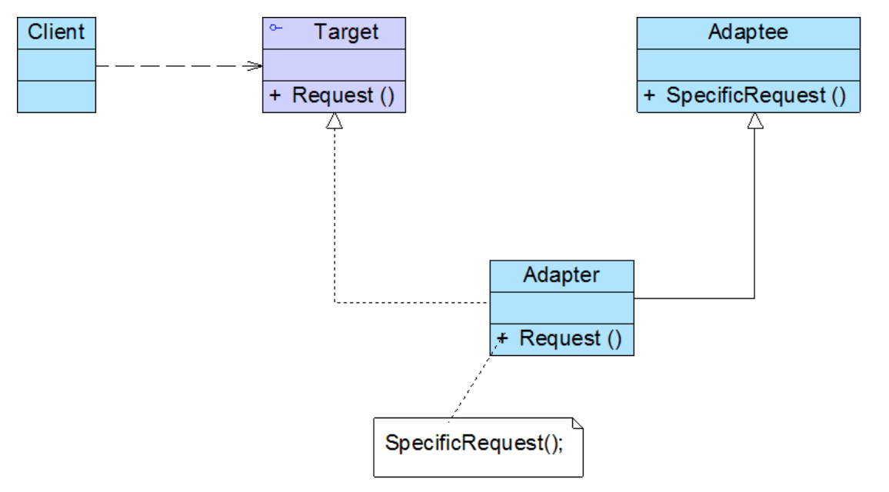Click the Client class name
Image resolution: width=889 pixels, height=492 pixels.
(56, 32)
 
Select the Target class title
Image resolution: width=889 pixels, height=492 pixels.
(346, 32)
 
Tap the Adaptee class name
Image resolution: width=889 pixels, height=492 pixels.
(747, 32)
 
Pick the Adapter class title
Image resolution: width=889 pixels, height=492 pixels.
(561, 275)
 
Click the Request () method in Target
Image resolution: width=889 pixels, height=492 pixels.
(343, 95)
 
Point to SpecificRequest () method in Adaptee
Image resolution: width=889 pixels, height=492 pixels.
(756, 95)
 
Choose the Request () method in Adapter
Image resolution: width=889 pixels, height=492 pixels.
(571, 338)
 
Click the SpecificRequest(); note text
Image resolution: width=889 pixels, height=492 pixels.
(474, 443)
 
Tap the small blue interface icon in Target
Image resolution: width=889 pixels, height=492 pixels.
(275, 27)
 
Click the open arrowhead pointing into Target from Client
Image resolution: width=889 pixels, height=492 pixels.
(254, 66)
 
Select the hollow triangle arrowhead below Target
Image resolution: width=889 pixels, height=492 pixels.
(335, 121)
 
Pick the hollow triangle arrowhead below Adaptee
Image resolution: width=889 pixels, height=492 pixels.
(754, 121)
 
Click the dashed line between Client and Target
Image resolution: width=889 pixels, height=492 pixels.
(179, 66)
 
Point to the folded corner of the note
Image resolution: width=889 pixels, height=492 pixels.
(578, 424)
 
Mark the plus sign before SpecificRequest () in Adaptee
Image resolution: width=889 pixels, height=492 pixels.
(649, 95)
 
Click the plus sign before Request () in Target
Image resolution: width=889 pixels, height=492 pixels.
(275, 95)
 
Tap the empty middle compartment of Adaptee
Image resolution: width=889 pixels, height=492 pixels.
(748, 65)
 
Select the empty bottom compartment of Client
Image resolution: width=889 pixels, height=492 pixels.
(56, 96)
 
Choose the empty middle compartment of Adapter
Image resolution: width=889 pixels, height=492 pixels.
(562, 307)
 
